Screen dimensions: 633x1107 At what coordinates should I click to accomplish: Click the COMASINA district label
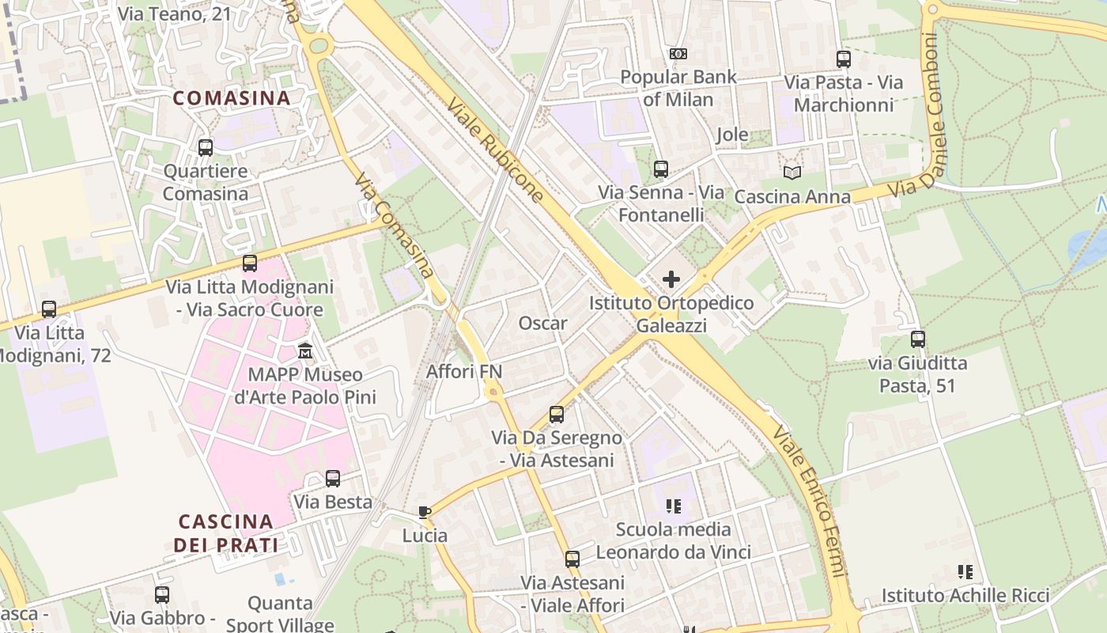(232, 98)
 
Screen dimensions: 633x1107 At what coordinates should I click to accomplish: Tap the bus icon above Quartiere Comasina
(206, 147)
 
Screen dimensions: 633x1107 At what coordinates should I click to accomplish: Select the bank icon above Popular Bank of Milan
(678, 54)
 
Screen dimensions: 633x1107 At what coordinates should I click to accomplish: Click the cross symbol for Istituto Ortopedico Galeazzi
(671, 279)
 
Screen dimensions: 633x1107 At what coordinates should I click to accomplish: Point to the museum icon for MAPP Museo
(305, 351)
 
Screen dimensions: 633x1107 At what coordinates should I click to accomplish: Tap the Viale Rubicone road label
(495, 150)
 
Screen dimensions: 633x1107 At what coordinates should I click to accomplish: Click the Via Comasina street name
(395, 226)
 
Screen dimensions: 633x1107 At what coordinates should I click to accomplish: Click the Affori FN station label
(464, 371)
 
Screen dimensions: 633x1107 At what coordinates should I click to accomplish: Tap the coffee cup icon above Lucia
(425, 512)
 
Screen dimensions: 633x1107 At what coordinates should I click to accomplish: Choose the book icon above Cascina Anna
(792, 172)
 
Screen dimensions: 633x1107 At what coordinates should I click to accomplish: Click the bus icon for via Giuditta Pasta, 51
(917, 339)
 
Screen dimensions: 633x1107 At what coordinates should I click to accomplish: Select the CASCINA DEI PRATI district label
(226, 533)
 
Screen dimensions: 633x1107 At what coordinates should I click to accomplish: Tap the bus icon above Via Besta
(333, 479)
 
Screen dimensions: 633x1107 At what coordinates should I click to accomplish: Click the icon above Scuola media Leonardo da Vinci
(673, 506)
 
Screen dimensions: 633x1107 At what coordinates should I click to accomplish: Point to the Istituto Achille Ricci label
(965, 596)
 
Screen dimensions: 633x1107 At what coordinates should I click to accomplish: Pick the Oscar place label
(542, 323)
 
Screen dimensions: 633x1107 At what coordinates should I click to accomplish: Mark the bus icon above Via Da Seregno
(557, 414)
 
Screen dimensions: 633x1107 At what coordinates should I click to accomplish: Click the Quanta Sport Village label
(280, 614)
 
